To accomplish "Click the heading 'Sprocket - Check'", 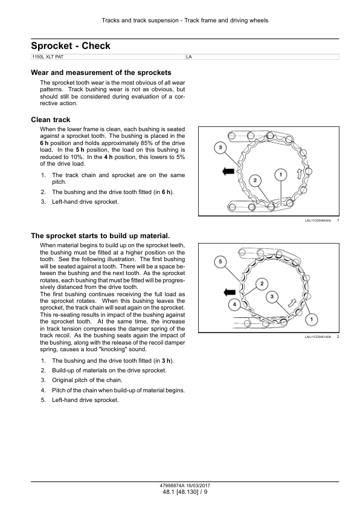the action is [71, 46].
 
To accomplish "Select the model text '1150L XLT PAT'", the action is [48, 57].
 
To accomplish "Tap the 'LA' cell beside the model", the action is [189, 57].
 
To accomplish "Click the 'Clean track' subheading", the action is [51, 120].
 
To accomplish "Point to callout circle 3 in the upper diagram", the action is [220, 148].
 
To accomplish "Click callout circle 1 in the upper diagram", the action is [281, 175].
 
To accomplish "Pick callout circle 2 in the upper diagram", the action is [255, 181].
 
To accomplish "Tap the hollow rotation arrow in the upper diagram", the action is [299, 173].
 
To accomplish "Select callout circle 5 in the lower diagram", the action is [220, 262].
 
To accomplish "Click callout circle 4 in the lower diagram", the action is [234, 305].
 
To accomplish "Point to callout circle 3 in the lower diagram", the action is [272, 296].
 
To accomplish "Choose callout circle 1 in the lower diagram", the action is [311, 319].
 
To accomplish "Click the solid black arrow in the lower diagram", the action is [230, 292].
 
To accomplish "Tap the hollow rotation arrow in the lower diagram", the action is [292, 303].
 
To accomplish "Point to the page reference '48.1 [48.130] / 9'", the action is [185, 492].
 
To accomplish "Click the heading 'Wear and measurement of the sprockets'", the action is [101, 73].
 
